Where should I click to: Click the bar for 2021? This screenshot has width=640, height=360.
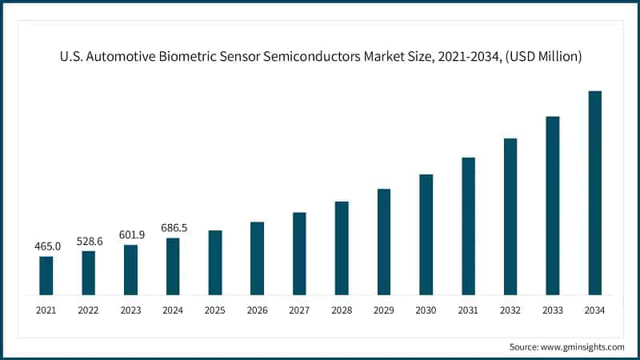tap(46, 275)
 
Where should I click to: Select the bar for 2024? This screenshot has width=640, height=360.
tap(173, 266)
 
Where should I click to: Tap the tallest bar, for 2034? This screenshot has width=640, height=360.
tap(595, 193)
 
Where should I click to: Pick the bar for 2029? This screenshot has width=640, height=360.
tap(384, 242)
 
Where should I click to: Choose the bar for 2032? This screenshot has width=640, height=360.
tap(510, 216)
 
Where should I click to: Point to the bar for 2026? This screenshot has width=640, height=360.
tap(257, 258)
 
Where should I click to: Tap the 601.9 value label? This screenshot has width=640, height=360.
tap(130, 235)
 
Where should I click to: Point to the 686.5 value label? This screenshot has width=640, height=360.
tap(173, 228)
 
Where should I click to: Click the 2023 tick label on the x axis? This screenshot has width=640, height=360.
tap(130, 310)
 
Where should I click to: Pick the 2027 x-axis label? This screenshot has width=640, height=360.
tap(299, 310)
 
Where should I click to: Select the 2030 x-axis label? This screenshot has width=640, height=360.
tap(426, 310)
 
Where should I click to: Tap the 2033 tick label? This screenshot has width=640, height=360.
tap(553, 310)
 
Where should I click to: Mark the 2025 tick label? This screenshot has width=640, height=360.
tap(215, 310)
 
